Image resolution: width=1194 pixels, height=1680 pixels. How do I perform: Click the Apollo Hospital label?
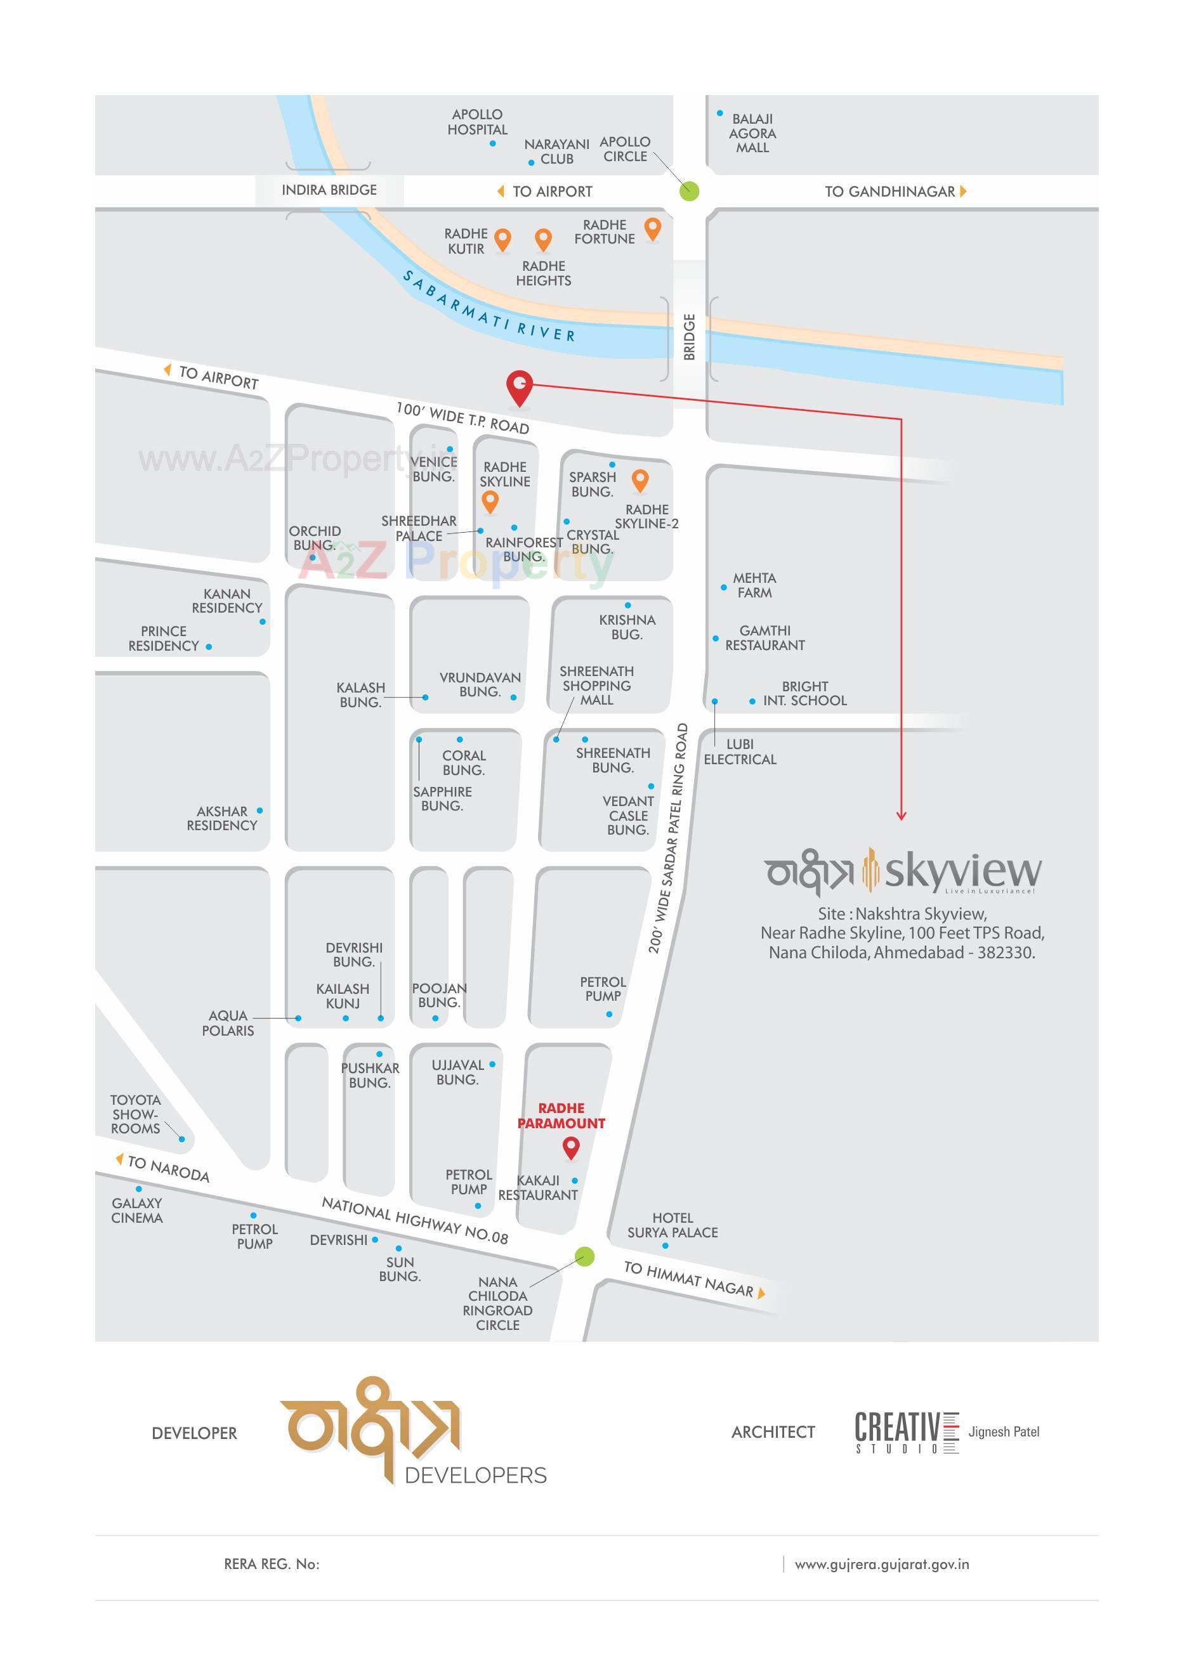(x=477, y=122)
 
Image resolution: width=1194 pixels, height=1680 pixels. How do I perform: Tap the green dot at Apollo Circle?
(x=689, y=191)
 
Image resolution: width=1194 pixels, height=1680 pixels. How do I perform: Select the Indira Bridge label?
(x=329, y=190)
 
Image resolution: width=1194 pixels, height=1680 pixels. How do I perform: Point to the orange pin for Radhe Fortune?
(x=652, y=228)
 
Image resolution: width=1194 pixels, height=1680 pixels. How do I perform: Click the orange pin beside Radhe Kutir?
(x=503, y=239)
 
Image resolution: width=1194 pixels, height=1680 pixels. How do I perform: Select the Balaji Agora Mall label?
(x=752, y=133)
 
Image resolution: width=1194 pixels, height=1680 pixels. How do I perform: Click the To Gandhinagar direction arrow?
(x=963, y=191)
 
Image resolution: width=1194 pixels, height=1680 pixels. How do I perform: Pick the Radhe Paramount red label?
(x=561, y=1116)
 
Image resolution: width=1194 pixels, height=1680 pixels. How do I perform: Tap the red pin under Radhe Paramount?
(x=570, y=1147)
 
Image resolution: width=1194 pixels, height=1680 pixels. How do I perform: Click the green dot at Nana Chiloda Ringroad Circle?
(x=584, y=1257)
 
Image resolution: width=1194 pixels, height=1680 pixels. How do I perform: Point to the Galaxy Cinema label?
(x=137, y=1211)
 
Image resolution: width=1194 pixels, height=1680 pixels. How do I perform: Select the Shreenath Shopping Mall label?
(x=596, y=686)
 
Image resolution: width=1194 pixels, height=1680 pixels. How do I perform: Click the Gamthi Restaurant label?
(x=764, y=638)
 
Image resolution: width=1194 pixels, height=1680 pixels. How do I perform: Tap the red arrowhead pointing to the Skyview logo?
(x=902, y=816)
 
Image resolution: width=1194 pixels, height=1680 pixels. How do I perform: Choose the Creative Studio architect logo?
(x=907, y=1431)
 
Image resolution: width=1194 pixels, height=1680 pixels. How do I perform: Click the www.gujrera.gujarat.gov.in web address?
(x=881, y=1564)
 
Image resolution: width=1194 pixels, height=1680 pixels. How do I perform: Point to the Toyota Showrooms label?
(x=135, y=1114)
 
